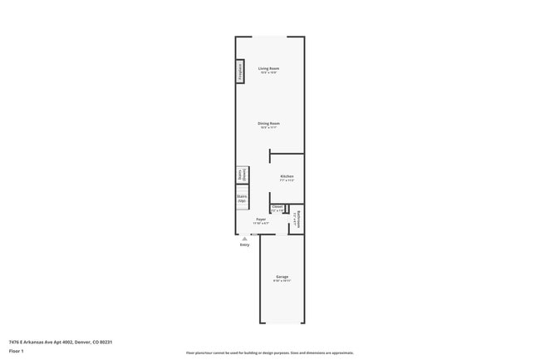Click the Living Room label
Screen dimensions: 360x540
[x=268, y=68]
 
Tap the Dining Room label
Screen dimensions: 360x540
[x=268, y=123]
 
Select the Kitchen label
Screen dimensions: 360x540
[x=287, y=175]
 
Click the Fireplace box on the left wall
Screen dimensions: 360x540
[x=240, y=72]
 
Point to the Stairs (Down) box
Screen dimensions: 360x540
[x=242, y=175]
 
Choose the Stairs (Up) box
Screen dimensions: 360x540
[x=242, y=199]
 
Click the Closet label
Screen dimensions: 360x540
[x=277, y=206]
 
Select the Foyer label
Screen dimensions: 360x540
[x=261, y=219]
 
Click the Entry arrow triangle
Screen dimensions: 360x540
[x=244, y=238]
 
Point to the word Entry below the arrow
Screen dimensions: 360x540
[x=244, y=245]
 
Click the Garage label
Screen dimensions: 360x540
[x=282, y=276]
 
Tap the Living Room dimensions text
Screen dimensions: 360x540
[x=268, y=73]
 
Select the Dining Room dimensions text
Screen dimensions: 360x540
[x=268, y=128]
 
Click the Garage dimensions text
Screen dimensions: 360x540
[x=282, y=281]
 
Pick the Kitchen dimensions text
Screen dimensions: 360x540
[x=287, y=180]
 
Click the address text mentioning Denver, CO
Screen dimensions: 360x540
[x=61, y=342]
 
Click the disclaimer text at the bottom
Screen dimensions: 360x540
[x=270, y=353]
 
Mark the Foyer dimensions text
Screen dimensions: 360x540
[x=261, y=224]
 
